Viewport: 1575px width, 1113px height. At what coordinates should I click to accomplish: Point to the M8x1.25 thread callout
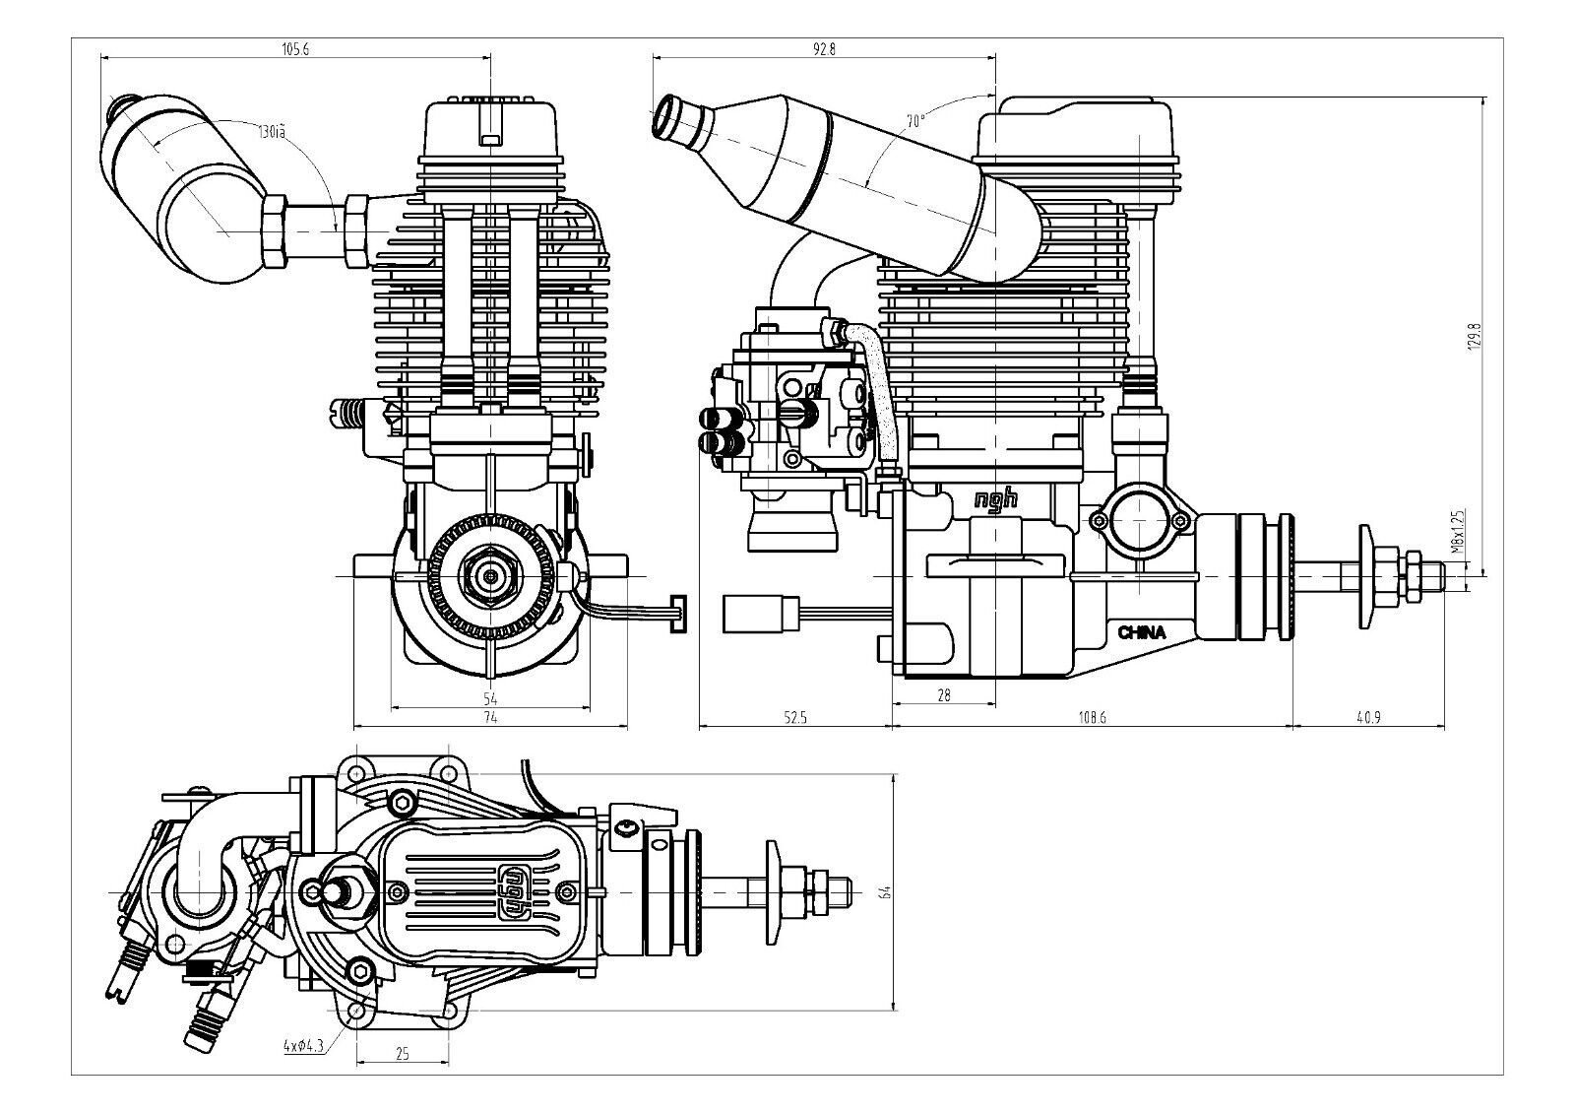click(x=1459, y=533)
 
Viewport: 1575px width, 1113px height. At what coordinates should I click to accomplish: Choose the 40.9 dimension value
click(x=1368, y=718)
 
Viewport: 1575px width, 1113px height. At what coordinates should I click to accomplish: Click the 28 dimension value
click(x=943, y=695)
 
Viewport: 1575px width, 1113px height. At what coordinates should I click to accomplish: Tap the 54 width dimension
click(x=490, y=697)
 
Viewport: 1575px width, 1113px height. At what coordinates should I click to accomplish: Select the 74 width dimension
click(x=490, y=718)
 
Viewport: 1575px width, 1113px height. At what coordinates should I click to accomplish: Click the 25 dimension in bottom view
click(x=402, y=1054)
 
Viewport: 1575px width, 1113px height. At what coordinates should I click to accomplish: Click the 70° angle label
click(x=915, y=121)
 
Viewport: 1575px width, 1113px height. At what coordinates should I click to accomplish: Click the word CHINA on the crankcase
click(x=1141, y=633)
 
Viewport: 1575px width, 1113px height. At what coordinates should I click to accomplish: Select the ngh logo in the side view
click(x=994, y=500)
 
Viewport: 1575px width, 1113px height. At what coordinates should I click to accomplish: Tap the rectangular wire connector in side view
click(x=760, y=615)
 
